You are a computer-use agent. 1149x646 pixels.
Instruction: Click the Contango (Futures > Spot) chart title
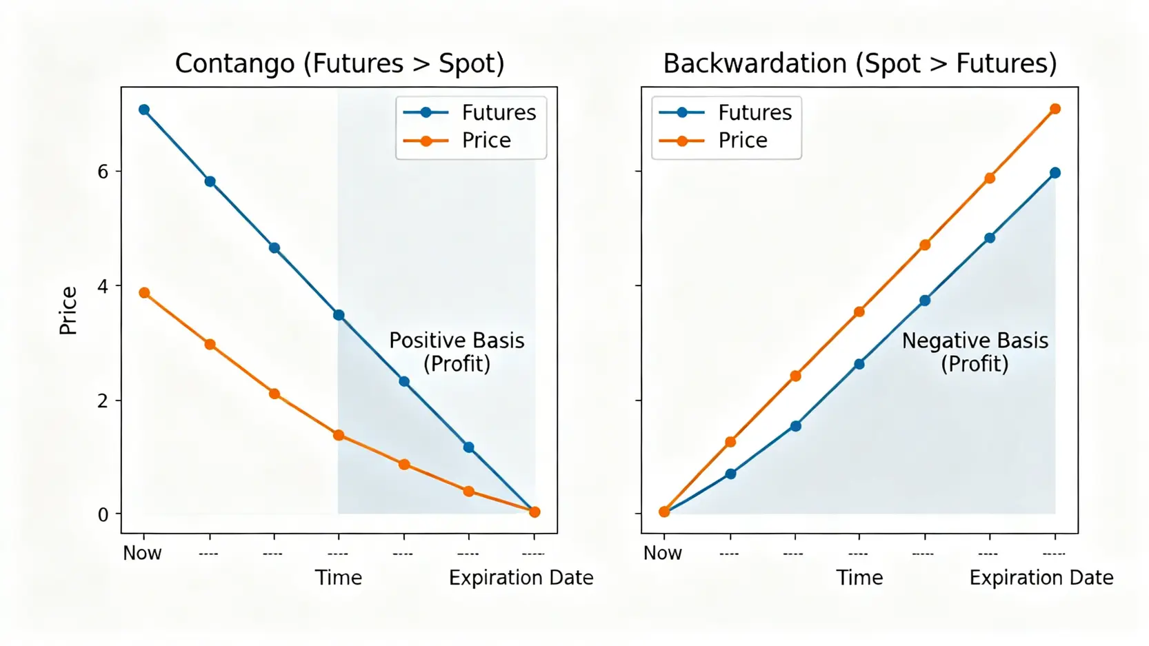pos(339,64)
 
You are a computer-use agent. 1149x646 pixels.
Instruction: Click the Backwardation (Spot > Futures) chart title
pos(860,64)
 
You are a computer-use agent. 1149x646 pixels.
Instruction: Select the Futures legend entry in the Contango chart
pos(470,113)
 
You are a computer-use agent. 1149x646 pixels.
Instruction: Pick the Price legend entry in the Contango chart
pos(457,141)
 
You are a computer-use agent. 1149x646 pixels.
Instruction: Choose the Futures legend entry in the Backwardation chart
pos(726,113)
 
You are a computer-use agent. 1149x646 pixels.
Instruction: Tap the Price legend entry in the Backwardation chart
pos(714,141)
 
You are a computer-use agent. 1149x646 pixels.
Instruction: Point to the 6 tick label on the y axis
pos(103,172)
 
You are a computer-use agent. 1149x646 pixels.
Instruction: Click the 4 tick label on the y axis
pos(103,286)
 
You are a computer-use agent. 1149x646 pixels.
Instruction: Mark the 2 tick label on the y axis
pos(103,401)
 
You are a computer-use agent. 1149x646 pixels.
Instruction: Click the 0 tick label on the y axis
pos(103,514)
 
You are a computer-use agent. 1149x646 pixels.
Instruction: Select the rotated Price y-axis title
pos(68,311)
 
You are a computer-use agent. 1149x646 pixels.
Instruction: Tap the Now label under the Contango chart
pos(143,553)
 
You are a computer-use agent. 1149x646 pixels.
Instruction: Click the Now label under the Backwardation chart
pos(663,553)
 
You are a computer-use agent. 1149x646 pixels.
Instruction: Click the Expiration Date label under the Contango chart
pos(521,578)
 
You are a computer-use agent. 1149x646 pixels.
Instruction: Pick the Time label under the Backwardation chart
pos(860,578)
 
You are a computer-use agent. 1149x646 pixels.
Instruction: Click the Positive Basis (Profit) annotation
pos(457,352)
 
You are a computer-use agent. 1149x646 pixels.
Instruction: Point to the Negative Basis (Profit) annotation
pos(975,352)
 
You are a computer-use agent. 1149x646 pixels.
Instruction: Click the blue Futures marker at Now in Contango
pos(144,110)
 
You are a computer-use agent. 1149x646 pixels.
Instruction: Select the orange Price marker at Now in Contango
pos(144,293)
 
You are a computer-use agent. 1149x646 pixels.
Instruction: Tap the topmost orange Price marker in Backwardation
pos(1055,109)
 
